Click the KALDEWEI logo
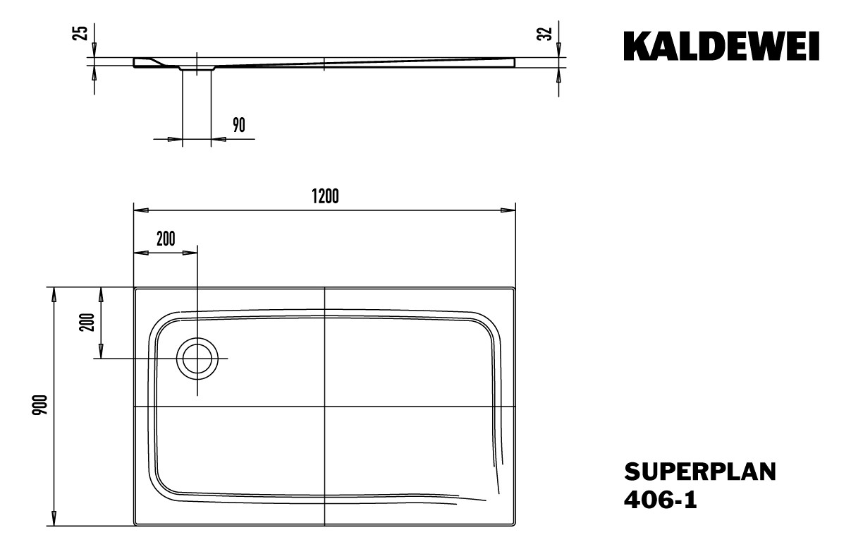[721, 47]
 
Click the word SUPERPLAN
[699, 471]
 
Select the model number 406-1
[661, 500]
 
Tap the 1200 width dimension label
[325, 197]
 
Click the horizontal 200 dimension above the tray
[166, 239]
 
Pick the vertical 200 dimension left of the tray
[87, 323]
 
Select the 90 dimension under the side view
[238, 126]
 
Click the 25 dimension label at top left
[81, 32]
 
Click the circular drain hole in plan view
[197, 359]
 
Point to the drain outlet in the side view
[197, 68]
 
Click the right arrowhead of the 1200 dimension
[509, 210]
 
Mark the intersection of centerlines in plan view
[324, 407]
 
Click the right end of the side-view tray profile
[514, 63]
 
